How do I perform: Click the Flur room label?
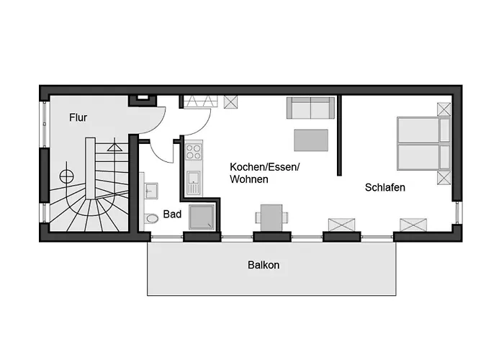tap(78, 117)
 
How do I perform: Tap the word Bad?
tap(172, 214)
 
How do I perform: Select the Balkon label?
tap(264, 265)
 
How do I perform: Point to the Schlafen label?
tap(385, 187)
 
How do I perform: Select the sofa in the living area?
tap(311, 108)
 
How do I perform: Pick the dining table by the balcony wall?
tap(271, 216)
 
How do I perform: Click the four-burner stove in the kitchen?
tap(194, 151)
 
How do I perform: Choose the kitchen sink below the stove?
tap(194, 181)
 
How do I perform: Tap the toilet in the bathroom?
tap(151, 218)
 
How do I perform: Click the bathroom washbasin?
tap(151, 189)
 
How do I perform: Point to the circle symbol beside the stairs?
tap(66, 175)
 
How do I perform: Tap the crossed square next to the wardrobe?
tap(232, 102)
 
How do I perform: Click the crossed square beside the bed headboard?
tap(444, 109)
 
